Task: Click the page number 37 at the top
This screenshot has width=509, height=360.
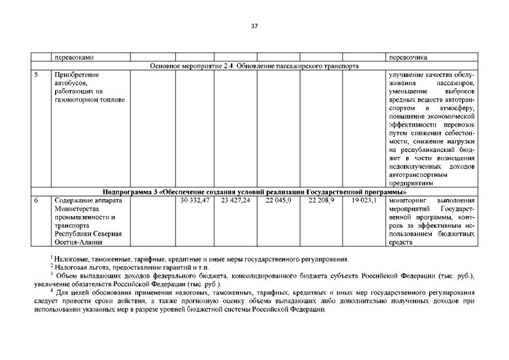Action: (254, 26)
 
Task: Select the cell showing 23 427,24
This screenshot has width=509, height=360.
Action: (236, 200)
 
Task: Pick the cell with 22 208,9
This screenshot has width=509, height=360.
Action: (321, 200)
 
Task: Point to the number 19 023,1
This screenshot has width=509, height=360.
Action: (364, 200)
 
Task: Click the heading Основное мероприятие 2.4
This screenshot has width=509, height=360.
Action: (254, 66)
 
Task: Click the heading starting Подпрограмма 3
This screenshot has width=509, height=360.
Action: (254, 192)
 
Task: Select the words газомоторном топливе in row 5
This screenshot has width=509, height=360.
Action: (89, 100)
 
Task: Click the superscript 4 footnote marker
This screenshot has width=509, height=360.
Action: (51, 291)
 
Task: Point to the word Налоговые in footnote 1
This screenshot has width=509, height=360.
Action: (70, 259)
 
